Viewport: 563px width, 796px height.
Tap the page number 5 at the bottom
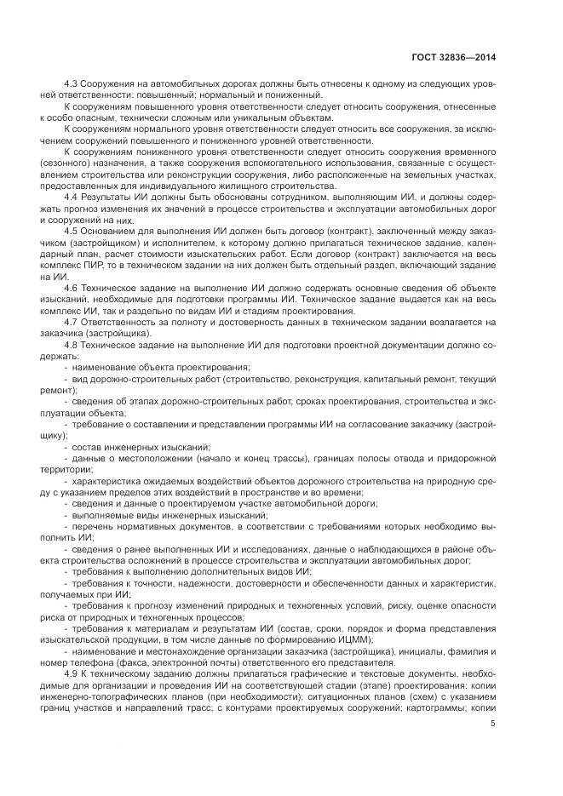click(493, 724)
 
